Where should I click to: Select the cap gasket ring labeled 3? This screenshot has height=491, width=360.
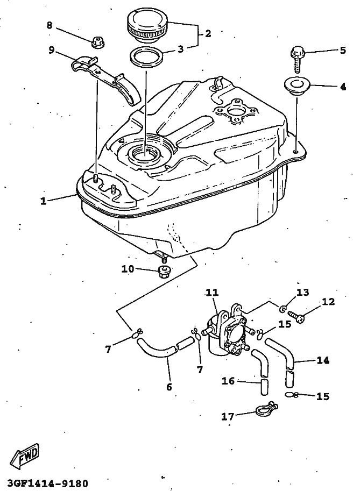tap(146, 56)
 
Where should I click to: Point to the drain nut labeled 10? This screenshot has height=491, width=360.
tap(164, 270)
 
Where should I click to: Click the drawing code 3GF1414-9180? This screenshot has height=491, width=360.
tap(48, 483)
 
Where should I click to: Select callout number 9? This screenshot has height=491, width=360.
tap(51, 50)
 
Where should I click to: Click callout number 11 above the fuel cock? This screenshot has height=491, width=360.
tap(212, 293)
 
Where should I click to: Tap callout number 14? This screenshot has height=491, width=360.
tap(322, 360)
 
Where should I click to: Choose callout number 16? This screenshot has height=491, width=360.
tap(228, 381)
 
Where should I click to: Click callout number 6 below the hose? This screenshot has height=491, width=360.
tap(169, 386)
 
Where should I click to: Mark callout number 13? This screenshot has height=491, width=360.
tap(303, 293)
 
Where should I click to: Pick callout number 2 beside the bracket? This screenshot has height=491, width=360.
tap(208, 33)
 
